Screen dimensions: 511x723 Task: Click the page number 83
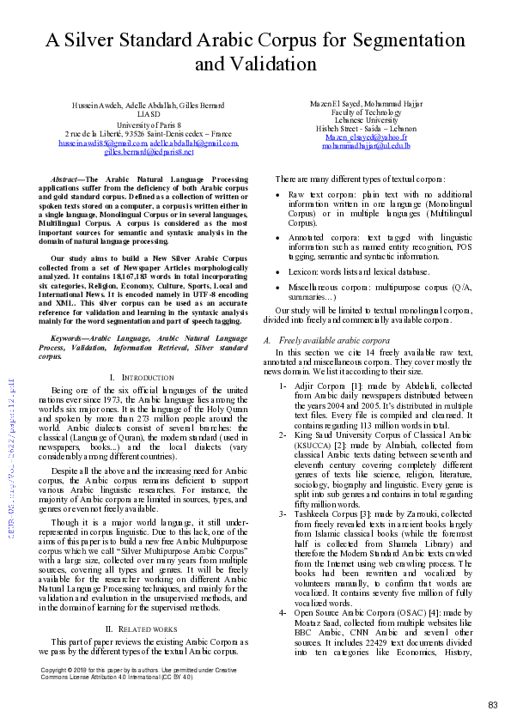point(492,704)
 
